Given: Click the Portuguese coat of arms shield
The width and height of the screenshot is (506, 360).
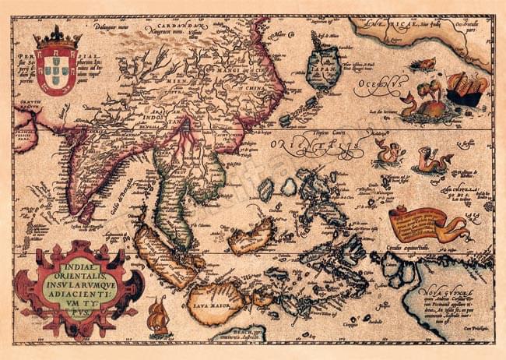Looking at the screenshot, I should point(56,71).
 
